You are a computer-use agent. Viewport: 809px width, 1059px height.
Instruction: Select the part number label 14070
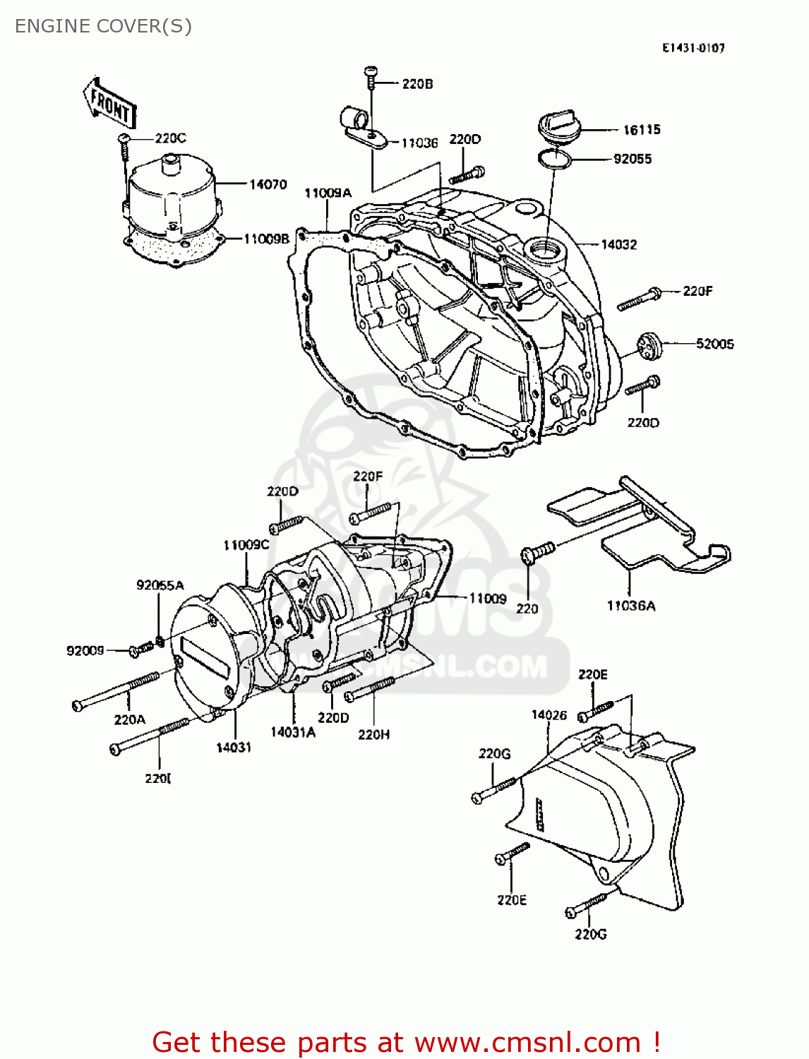268,184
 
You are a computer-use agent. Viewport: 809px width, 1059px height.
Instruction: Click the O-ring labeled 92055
554,160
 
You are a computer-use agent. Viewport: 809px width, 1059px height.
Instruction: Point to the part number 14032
618,245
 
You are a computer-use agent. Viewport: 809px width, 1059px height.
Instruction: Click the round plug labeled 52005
648,345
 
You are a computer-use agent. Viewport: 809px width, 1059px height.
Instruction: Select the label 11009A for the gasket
328,193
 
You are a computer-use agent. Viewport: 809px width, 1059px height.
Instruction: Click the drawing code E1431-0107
693,48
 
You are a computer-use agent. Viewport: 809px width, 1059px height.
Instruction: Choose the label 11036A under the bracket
630,606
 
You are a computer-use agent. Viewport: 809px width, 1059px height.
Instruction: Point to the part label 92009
85,651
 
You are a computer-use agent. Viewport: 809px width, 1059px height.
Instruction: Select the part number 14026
549,715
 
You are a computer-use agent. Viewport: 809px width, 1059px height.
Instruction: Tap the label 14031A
292,732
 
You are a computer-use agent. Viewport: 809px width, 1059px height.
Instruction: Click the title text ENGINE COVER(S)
103,26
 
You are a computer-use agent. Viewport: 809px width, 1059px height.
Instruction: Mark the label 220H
373,734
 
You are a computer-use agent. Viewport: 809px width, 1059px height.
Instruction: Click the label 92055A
160,585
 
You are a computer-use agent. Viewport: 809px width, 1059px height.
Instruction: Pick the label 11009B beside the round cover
266,239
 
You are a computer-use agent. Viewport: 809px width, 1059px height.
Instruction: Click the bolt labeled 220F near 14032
639,299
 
